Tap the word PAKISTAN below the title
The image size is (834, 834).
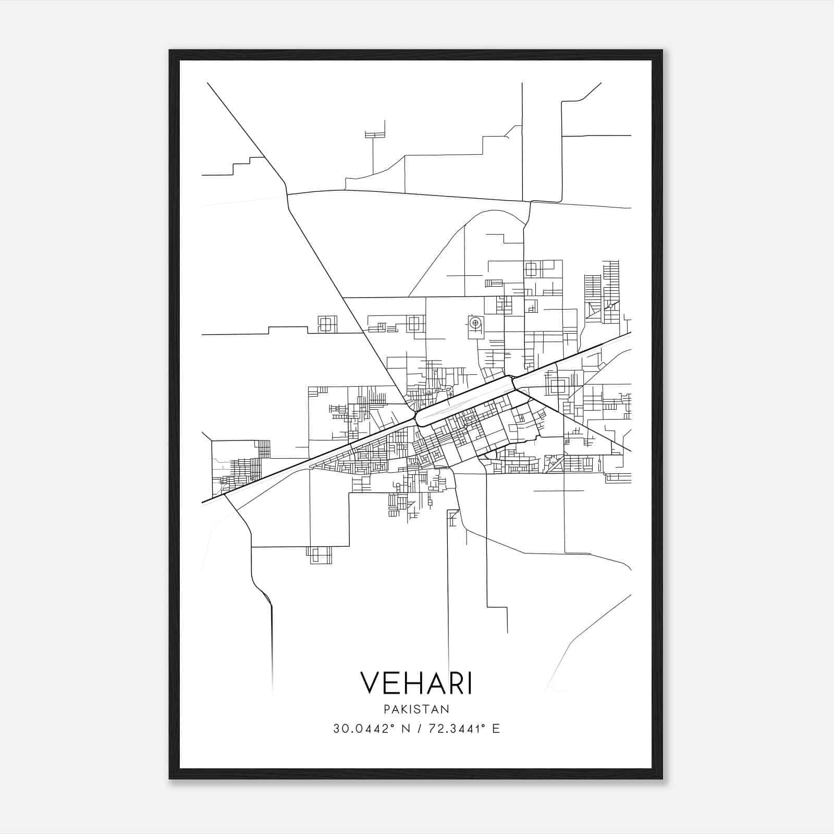(x=416, y=709)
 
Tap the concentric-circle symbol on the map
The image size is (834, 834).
(x=474, y=324)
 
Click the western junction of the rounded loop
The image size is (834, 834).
(x=416, y=417)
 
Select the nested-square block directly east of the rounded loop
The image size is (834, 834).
(x=557, y=386)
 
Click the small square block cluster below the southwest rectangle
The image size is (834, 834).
(x=319, y=555)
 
